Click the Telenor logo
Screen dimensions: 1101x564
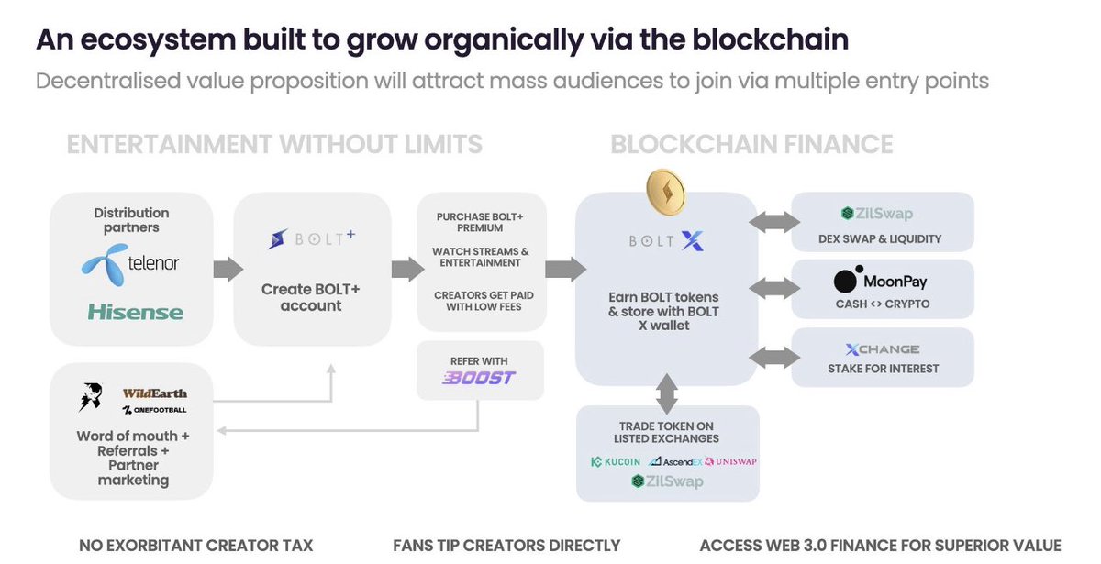point(130,265)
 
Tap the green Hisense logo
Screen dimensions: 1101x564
point(136,312)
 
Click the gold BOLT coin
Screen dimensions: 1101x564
point(666,192)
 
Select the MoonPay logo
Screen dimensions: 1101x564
point(880,281)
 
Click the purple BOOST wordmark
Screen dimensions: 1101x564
point(479,378)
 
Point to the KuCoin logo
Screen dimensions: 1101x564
point(616,462)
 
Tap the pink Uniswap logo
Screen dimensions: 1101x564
point(730,461)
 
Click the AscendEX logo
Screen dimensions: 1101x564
point(675,462)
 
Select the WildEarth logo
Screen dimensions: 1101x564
point(155,393)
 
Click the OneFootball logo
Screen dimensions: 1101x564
point(155,410)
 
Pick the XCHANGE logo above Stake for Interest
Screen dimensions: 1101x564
point(883,349)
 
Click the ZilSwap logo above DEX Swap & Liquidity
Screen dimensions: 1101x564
point(877,213)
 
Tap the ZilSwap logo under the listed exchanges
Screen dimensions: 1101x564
point(667,481)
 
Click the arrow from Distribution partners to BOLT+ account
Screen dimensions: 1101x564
point(228,270)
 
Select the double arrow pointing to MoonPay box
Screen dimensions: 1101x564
point(774,288)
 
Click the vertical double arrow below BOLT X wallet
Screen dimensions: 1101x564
point(667,393)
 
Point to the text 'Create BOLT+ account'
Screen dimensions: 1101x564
point(311,297)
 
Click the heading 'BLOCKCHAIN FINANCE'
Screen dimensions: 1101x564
point(751,145)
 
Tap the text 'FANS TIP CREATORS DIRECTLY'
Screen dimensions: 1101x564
point(506,546)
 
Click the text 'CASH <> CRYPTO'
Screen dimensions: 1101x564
point(883,304)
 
